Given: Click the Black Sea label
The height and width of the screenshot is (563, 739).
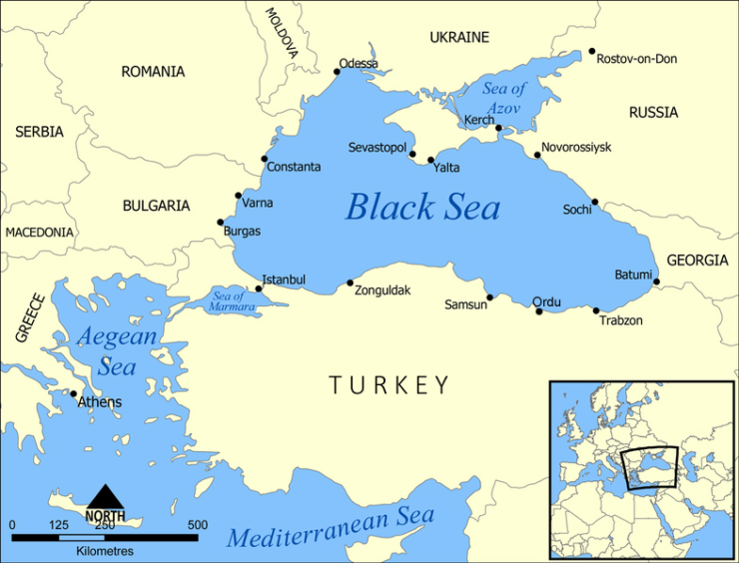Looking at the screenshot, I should tap(422, 207).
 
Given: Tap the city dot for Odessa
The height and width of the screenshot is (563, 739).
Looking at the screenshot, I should tap(337, 71).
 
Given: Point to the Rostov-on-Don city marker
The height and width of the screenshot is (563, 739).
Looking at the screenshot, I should tap(591, 52).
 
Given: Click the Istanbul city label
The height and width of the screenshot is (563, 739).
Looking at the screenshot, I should tap(284, 280).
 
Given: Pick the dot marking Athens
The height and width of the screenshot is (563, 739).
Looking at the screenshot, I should tap(73, 393).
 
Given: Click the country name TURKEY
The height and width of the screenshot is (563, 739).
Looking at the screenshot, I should tap(389, 385).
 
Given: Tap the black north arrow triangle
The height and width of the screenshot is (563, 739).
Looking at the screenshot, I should tap(105, 496).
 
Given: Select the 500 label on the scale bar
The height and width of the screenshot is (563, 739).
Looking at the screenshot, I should tap(197, 525).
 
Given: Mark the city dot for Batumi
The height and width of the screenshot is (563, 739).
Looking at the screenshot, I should tap(656, 281).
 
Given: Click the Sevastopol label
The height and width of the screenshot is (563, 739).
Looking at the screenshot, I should tap(376, 148).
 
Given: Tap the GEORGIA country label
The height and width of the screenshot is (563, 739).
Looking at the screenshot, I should tap(697, 261).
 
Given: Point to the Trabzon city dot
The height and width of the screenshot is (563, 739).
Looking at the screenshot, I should tap(596, 310).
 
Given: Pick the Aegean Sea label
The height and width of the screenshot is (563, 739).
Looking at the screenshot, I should tap(118, 351).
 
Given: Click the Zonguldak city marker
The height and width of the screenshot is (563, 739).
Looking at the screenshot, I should tap(350, 283).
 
